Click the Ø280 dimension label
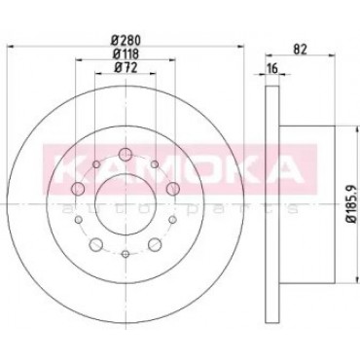click(126, 40)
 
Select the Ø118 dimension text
click(126, 54)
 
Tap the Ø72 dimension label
click(126, 67)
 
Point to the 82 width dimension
click(300, 49)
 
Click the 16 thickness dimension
click(272, 68)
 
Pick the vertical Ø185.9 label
click(351, 203)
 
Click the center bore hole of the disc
click(126, 204)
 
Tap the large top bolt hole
click(126, 155)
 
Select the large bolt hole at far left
click(78, 189)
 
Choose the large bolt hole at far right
click(173, 189)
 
